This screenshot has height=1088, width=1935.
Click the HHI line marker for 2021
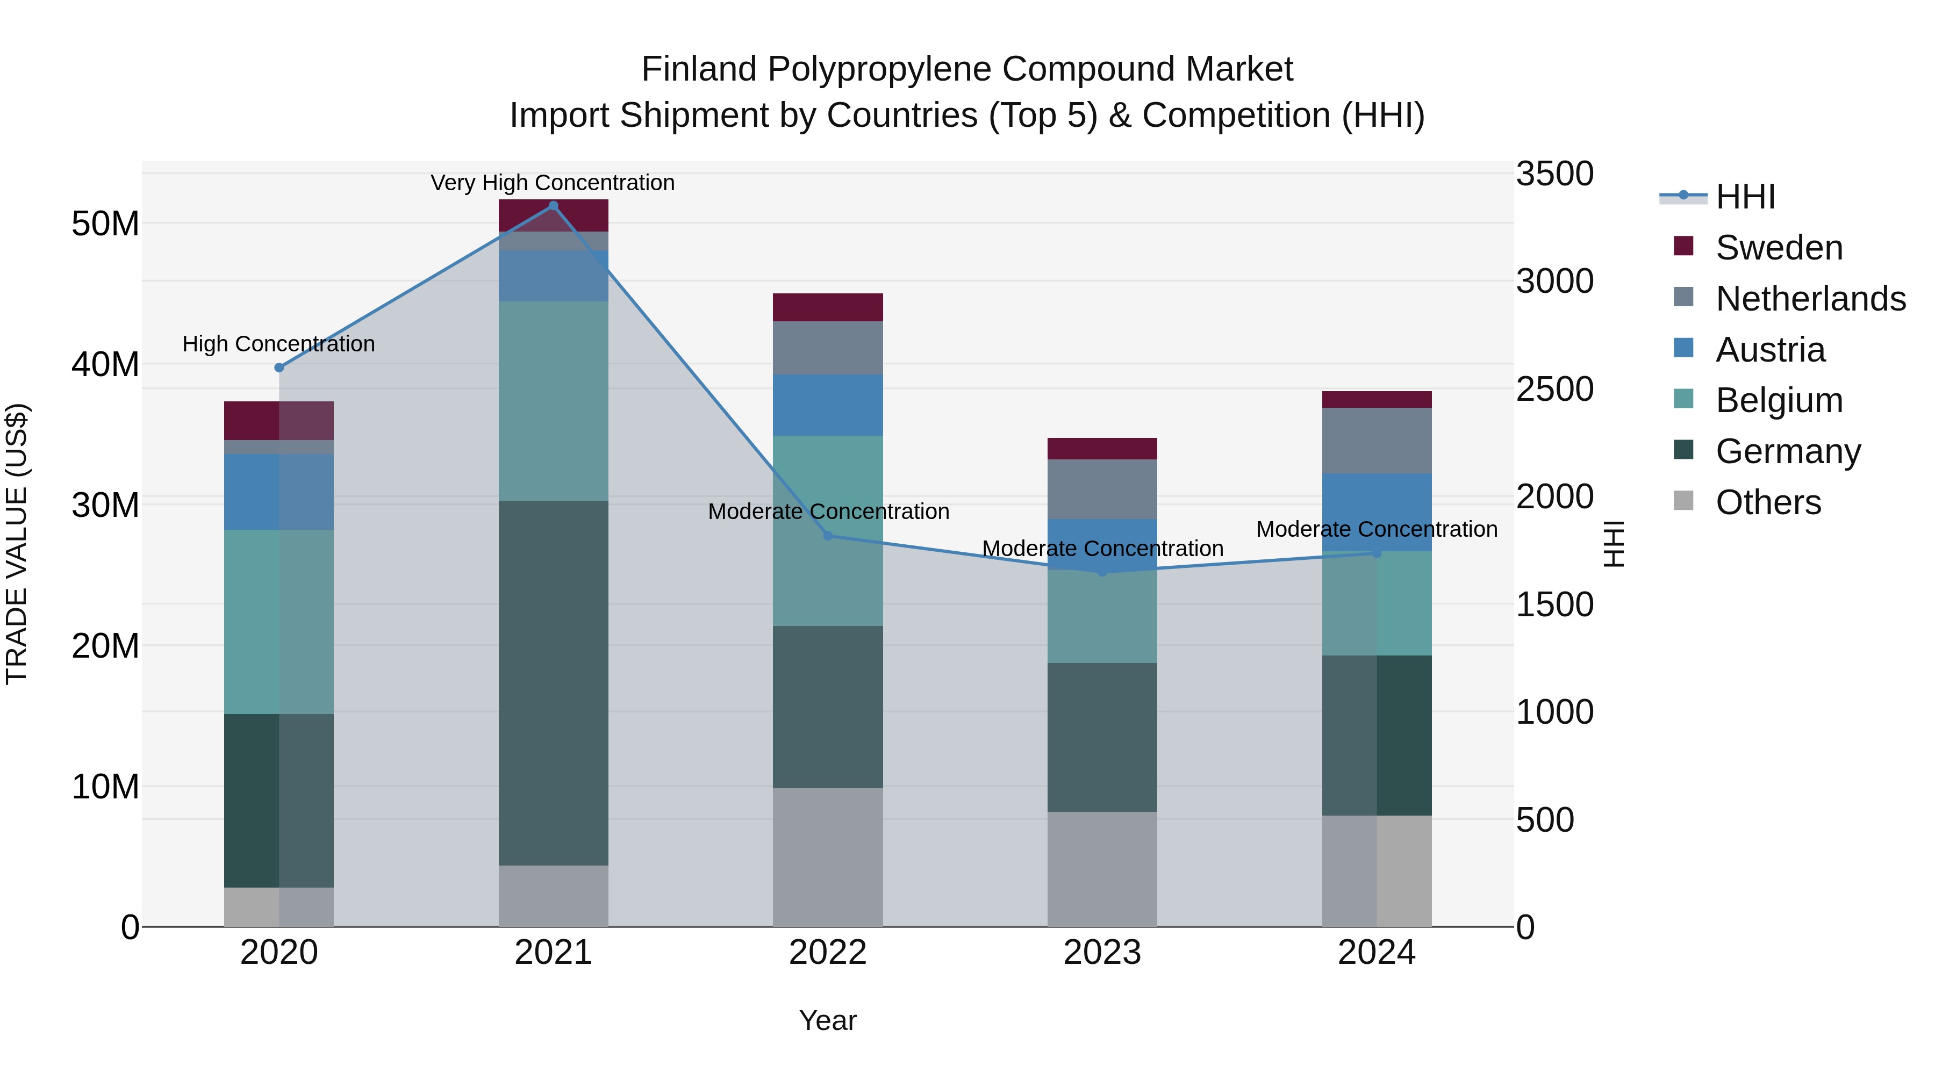pyautogui.click(x=553, y=206)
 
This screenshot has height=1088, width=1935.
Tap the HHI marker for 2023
pyautogui.click(x=1103, y=572)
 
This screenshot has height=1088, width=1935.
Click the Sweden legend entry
pyautogui.click(x=1778, y=248)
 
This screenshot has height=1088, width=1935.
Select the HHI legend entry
pyautogui.click(x=1744, y=197)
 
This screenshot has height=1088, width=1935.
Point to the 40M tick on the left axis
pyautogui.click(x=105, y=365)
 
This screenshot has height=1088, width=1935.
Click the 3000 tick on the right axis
pyautogui.click(x=1554, y=282)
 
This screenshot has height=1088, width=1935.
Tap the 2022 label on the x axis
pyautogui.click(x=828, y=953)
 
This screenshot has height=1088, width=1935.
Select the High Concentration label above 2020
pyautogui.click(x=278, y=344)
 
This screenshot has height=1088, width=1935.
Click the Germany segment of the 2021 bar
pyautogui.click(x=553, y=683)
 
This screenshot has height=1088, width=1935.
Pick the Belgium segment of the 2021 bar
pyautogui.click(x=553, y=401)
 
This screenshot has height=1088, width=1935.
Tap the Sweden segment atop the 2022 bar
pyautogui.click(x=828, y=307)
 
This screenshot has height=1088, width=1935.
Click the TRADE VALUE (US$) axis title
pyautogui.click(x=17, y=544)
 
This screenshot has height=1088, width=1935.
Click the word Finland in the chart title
pyautogui.click(x=699, y=70)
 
